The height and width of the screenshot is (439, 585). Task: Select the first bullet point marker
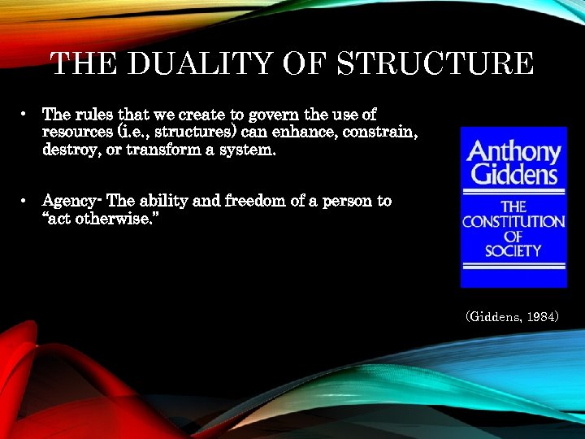(x=27, y=115)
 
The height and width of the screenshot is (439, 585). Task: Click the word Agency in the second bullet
(x=67, y=202)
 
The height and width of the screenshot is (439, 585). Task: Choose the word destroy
(x=70, y=150)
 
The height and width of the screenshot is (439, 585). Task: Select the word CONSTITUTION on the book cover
(x=513, y=221)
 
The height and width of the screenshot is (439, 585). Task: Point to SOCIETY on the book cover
(x=513, y=250)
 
